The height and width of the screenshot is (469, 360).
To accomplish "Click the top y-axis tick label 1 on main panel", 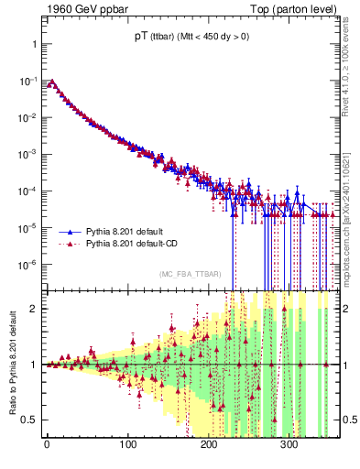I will point(35,44).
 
